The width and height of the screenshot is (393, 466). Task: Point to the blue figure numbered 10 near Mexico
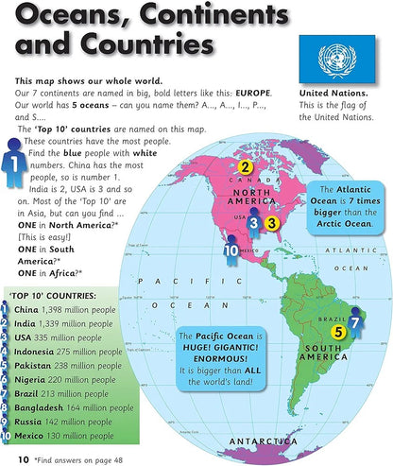[232, 250]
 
